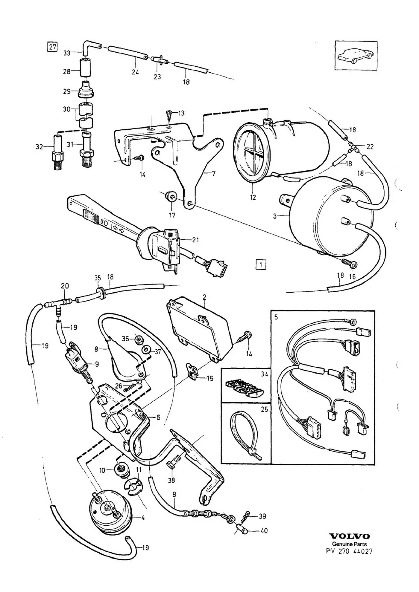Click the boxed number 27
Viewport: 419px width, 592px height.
pyautogui.click(x=53, y=47)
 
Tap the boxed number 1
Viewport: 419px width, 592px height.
pyautogui.click(x=261, y=264)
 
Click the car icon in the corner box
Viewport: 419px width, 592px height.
pyautogui.click(x=356, y=56)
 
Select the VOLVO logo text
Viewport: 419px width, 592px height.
pyautogui.click(x=349, y=536)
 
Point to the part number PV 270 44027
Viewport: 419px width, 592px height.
pyautogui.click(x=349, y=551)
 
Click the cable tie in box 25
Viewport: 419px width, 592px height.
pyautogui.click(x=245, y=437)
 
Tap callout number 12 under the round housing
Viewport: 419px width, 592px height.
pyautogui.click(x=253, y=197)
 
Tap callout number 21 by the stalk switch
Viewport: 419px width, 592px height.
pyautogui.click(x=195, y=240)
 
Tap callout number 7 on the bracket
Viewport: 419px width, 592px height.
pyautogui.click(x=213, y=173)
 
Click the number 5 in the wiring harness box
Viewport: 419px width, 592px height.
pyautogui.click(x=276, y=317)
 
